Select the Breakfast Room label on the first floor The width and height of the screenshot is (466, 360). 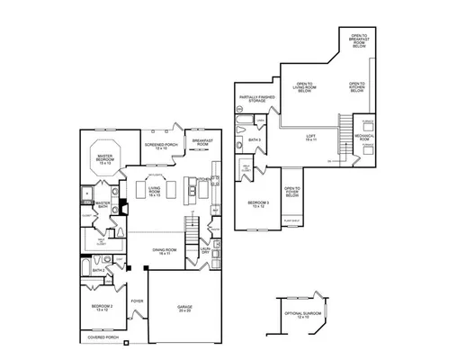pyautogui.click(x=202, y=143)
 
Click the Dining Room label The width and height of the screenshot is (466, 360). pyautogui.click(x=163, y=253)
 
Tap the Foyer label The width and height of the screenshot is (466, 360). pyautogui.click(x=138, y=301)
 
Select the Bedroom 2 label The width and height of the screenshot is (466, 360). pyautogui.click(x=102, y=307)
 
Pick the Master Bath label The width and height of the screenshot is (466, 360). pyautogui.click(x=103, y=205)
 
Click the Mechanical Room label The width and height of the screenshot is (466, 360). pyautogui.click(x=363, y=138)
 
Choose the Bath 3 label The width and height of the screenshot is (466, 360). pyautogui.click(x=255, y=140)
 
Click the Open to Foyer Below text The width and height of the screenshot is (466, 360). pyautogui.click(x=292, y=190)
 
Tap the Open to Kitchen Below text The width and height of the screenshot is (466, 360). pyautogui.click(x=357, y=88)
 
